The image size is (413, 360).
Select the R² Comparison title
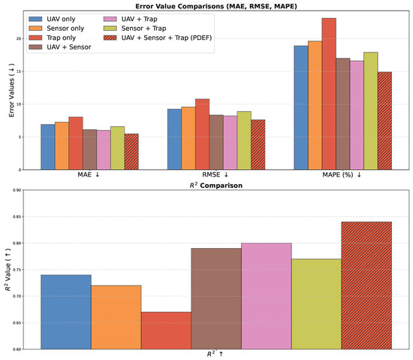click(x=216, y=186)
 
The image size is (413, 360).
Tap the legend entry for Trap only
click(x=52, y=38)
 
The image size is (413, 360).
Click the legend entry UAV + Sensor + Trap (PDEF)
click(x=158, y=38)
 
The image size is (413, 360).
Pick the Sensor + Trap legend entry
click(x=135, y=29)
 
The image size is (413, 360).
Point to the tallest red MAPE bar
click(x=329, y=94)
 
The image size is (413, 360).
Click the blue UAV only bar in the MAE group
click(x=48, y=147)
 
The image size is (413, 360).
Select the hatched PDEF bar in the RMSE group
click(x=258, y=144)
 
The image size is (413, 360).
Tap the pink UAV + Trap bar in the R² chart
click(x=267, y=296)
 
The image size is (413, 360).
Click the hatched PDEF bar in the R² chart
click(x=366, y=286)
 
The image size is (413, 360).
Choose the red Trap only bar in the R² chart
click(x=166, y=331)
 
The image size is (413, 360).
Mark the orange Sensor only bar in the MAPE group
click(x=315, y=105)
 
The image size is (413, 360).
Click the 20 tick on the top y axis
click(x=19, y=39)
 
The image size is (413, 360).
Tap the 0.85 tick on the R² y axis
click(x=17, y=216)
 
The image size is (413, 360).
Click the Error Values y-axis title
click(x=11, y=90)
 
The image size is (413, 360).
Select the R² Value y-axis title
click(x=8, y=269)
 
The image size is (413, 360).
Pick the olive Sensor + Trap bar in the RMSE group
click(x=244, y=141)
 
